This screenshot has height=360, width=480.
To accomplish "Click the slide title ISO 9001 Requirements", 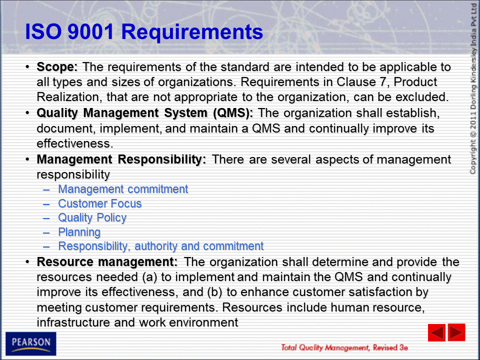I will pos(144,32).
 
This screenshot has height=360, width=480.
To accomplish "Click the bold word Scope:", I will pos(57,66).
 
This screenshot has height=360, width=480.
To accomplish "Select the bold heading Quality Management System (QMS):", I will pos(145,113).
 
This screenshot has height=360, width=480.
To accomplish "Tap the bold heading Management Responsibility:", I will pos(121,159).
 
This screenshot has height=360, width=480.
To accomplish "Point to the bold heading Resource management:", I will pos(107,262).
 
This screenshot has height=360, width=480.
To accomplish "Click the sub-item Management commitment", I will pos(123,189).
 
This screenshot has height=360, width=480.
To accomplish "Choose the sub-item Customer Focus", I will pos(100,203).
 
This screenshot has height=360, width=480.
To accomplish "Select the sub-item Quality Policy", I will pos(92,218).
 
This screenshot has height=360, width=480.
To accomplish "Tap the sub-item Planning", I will pos(79,232).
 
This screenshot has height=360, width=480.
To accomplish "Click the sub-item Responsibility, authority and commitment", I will pos(160,246).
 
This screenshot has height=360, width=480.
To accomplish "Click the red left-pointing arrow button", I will pos(436,332).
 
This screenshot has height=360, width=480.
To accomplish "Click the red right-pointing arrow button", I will pos(456,332).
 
